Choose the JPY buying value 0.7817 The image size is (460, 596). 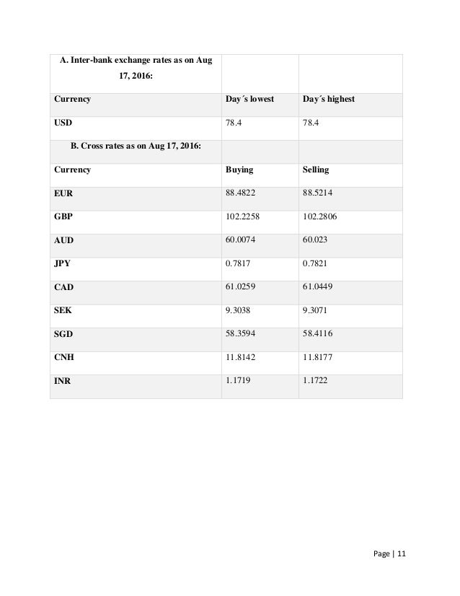pos(239,263)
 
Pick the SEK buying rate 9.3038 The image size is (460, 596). pos(239,310)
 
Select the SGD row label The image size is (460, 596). pos(63,333)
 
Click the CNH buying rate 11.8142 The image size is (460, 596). pos(241,356)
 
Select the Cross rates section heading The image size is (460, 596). pos(136,146)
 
